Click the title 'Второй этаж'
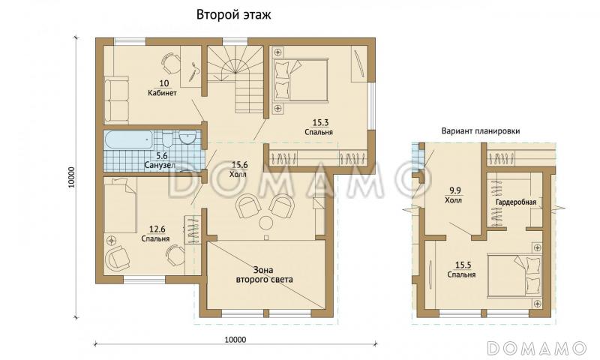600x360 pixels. (x=233, y=14)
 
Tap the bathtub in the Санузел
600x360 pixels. (x=129, y=139)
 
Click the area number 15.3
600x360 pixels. (x=320, y=122)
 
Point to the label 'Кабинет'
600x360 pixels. (x=162, y=93)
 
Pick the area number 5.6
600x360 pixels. (x=161, y=156)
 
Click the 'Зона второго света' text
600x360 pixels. (x=265, y=274)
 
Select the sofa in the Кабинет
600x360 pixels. (x=116, y=100)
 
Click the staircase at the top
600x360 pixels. (x=235, y=76)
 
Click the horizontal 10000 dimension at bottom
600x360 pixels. (x=235, y=339)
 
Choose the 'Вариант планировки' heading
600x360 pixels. (x=481, y=130)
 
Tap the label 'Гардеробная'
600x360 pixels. (x=516, y=202)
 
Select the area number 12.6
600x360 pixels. (x=157, y=229)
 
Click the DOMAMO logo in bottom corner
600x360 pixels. (x=537, y=348)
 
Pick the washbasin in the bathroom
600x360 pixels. (x=187, y=138)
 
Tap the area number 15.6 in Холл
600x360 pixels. (x=240, y=165)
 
